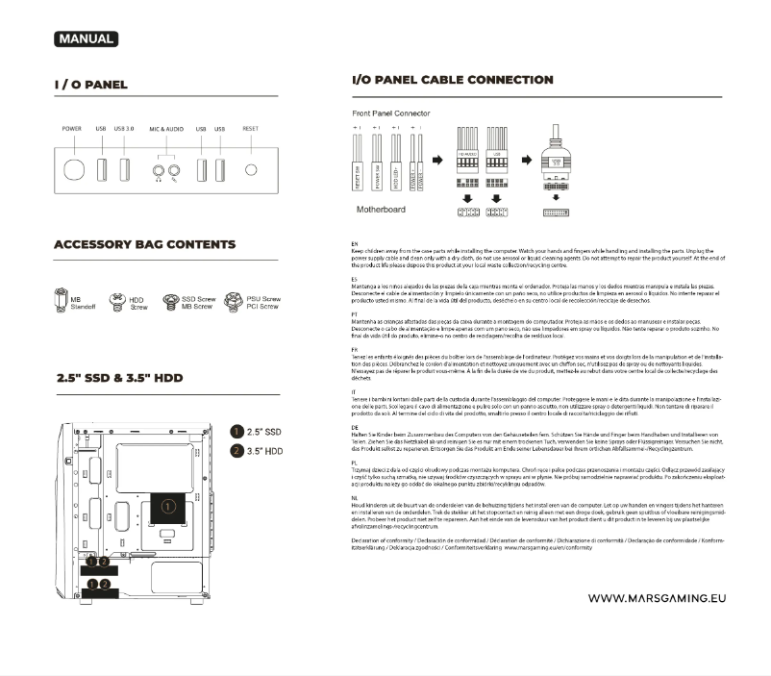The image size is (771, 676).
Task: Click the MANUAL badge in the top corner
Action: [x=86, y=39]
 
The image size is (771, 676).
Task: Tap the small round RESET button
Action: [x=252, y=170]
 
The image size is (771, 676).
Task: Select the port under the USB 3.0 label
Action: [x=125, y=169]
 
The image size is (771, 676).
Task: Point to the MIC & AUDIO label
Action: [x=165, y=128]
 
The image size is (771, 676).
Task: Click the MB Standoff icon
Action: [x=62, y=302]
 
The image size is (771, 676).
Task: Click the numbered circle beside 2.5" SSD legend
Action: [x=237, y=432]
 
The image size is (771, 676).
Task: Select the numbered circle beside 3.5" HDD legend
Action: [x=237, y=450]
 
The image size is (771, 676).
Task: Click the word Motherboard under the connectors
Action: [x=382, y=208]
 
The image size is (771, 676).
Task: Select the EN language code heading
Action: [x=356, y=245]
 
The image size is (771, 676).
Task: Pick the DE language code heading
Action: [x=356, y=426]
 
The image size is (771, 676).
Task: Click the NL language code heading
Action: [x=356, y=497]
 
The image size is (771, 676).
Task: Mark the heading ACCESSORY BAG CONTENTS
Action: [x=144, y=244]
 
